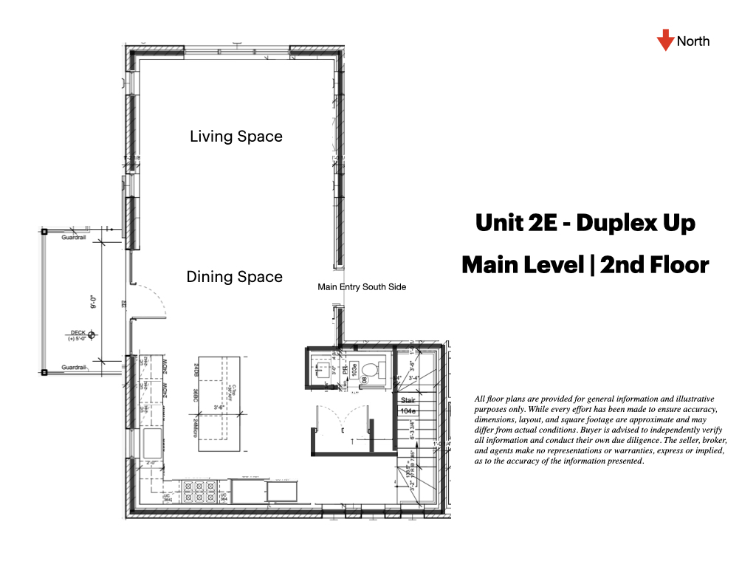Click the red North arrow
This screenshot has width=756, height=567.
pos(665,41)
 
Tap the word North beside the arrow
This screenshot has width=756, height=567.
pos(693,41)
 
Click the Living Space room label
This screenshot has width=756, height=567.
pos(236,137)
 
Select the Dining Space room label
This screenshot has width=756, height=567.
pos(234,277)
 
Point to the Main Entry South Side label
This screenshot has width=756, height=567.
pos(362,286)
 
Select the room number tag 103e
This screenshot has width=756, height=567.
pos(354,366)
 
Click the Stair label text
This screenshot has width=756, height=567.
pos(408,399)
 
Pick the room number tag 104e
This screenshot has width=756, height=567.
pos(408,410)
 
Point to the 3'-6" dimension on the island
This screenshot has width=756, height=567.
pos(219,406)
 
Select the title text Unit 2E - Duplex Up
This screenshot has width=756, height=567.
pos(585,223)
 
